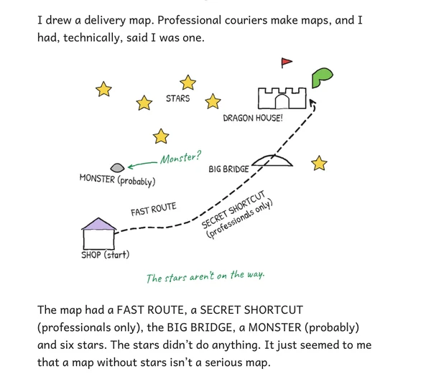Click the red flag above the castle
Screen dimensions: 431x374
point(286,62)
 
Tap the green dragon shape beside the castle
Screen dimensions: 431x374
point(321,77)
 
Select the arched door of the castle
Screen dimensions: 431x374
point(282,101)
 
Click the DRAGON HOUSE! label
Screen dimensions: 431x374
point(253,118)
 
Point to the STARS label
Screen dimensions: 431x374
point(178,98)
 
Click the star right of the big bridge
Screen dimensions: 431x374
point(319,163)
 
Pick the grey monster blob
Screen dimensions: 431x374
point(117,167)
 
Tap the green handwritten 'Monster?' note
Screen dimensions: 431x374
point(180,157)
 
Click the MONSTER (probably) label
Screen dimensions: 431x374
point(117,180)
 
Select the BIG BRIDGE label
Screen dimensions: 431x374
point(228,169)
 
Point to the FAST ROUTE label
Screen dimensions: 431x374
point(154,209)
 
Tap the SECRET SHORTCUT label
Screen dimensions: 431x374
point(233,210)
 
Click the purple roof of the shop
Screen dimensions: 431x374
point(98,225)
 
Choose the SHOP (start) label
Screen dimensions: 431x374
point(106,255)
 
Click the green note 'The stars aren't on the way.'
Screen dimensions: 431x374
point(205,276)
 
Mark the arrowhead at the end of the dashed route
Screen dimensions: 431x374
point(312,103)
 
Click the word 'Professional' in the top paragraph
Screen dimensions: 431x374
point(189,21)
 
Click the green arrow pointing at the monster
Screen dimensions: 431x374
point(142,164)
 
